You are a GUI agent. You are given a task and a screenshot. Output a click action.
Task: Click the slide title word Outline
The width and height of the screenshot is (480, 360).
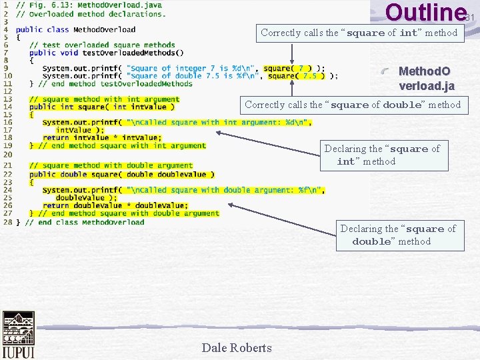click(425, 13)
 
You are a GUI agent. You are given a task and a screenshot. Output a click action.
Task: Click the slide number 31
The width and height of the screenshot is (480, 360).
click(469, 17)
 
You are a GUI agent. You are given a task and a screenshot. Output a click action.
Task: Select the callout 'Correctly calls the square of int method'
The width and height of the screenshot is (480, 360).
click(359, 33)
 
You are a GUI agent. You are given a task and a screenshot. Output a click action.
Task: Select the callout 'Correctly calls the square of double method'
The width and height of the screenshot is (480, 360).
click(353, 105)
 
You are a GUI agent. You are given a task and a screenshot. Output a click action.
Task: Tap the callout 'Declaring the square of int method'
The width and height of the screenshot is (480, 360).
click(381, 155)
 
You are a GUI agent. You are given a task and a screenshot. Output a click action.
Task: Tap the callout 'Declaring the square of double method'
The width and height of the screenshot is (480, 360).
click(398, 235)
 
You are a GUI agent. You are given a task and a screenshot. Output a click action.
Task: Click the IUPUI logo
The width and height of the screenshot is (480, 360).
click(18, 335)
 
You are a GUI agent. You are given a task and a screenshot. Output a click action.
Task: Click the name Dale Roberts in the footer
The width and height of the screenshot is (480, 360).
click(237, 347)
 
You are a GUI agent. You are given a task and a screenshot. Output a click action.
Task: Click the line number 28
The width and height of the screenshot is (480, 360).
click(6, 222)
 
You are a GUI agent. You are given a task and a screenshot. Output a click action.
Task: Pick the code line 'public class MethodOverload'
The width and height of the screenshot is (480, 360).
click(75, 29)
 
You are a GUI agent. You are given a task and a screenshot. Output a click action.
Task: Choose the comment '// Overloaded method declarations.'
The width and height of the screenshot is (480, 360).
click(91, 13)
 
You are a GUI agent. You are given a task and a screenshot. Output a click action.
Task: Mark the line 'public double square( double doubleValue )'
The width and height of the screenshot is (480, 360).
click(121, 174)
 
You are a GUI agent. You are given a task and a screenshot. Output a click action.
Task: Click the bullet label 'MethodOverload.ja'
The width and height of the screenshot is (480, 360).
click(426, 78)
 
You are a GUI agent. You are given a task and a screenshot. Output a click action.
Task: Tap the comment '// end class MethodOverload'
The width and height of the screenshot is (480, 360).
click(85, 222)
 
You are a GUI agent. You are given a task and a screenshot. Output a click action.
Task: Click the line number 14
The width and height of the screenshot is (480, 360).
click(6, 107)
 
